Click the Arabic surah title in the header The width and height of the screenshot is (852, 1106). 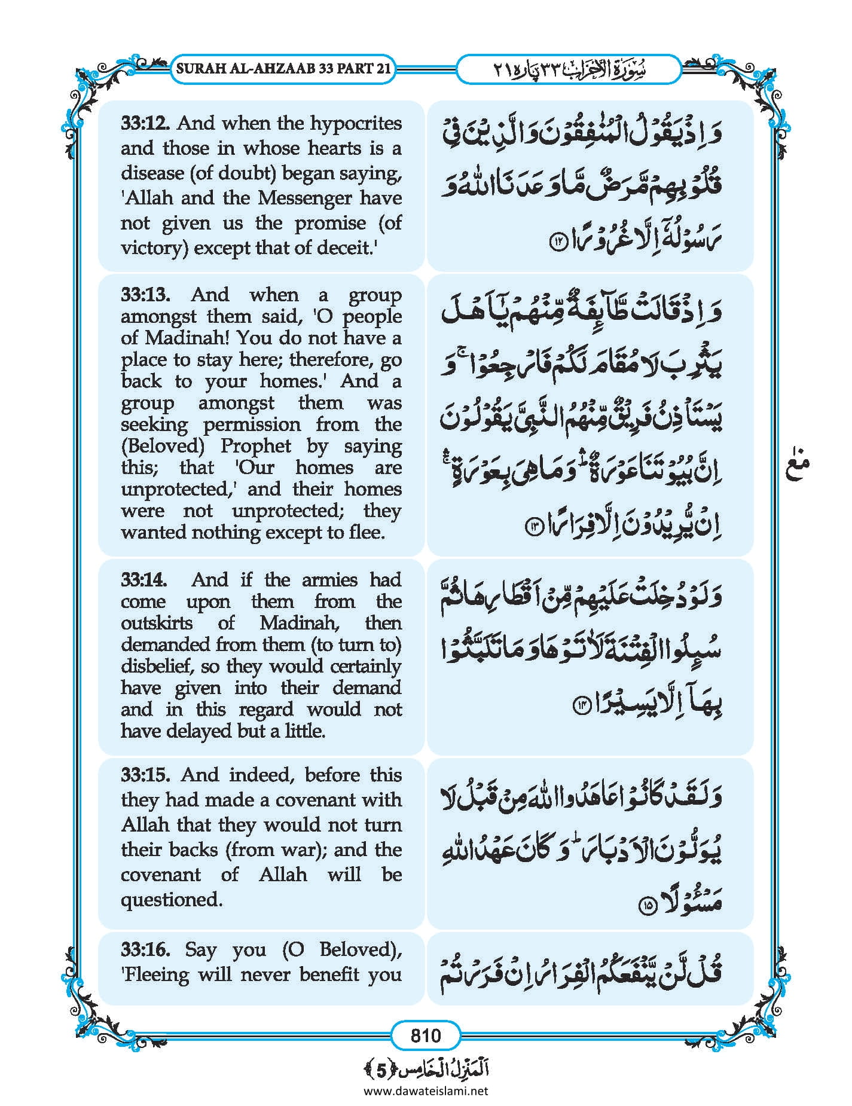(569, 69)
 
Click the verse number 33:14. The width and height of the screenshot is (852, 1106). (144, 580)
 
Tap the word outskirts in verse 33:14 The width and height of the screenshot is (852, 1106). (157, 623)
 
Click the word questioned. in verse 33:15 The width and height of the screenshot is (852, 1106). (172, 899)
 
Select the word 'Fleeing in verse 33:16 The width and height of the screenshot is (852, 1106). (155, 974)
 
